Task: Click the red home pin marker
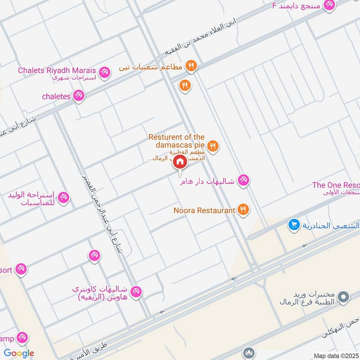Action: coord(180,162)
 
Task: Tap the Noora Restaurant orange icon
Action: coord(243,209)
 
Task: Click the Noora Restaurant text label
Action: coord(205,210)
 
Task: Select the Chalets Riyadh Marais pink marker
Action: coord(104,72)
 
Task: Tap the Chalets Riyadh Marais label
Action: coord(57,71)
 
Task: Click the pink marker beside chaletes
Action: coord(79,95)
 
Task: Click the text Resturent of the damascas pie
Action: coord(177,141)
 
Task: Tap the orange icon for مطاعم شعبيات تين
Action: coord(191,66)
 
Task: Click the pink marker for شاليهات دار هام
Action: coord(244,180)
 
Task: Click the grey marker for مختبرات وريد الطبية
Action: coord(344,297)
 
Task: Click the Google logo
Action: coord(19,353)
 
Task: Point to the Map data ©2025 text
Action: coord(335,355)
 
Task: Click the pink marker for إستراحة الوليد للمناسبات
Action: coord(64,198)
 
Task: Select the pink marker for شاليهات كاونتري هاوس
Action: coord(137,292)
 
